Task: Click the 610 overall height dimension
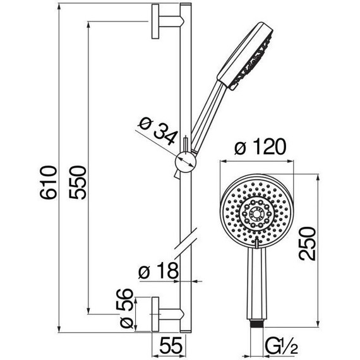pyautogui.click(x=48, y=183)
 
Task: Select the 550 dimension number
pyautogui.click(x=78, y=183)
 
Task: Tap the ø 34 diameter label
pyautogui.click(x=158, y=131)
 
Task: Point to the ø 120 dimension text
pyautogui.click(x=260, y=147)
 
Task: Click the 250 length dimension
pyautogui.click(x=308, y=243)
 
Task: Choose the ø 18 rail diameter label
pyautogui.click(x=159, y=270)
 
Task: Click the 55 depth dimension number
pyautogui.click(x=171, y=345)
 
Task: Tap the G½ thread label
pyautogui.click(x=281, y=345)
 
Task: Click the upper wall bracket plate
pyautogui.click(x=155, y=21)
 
